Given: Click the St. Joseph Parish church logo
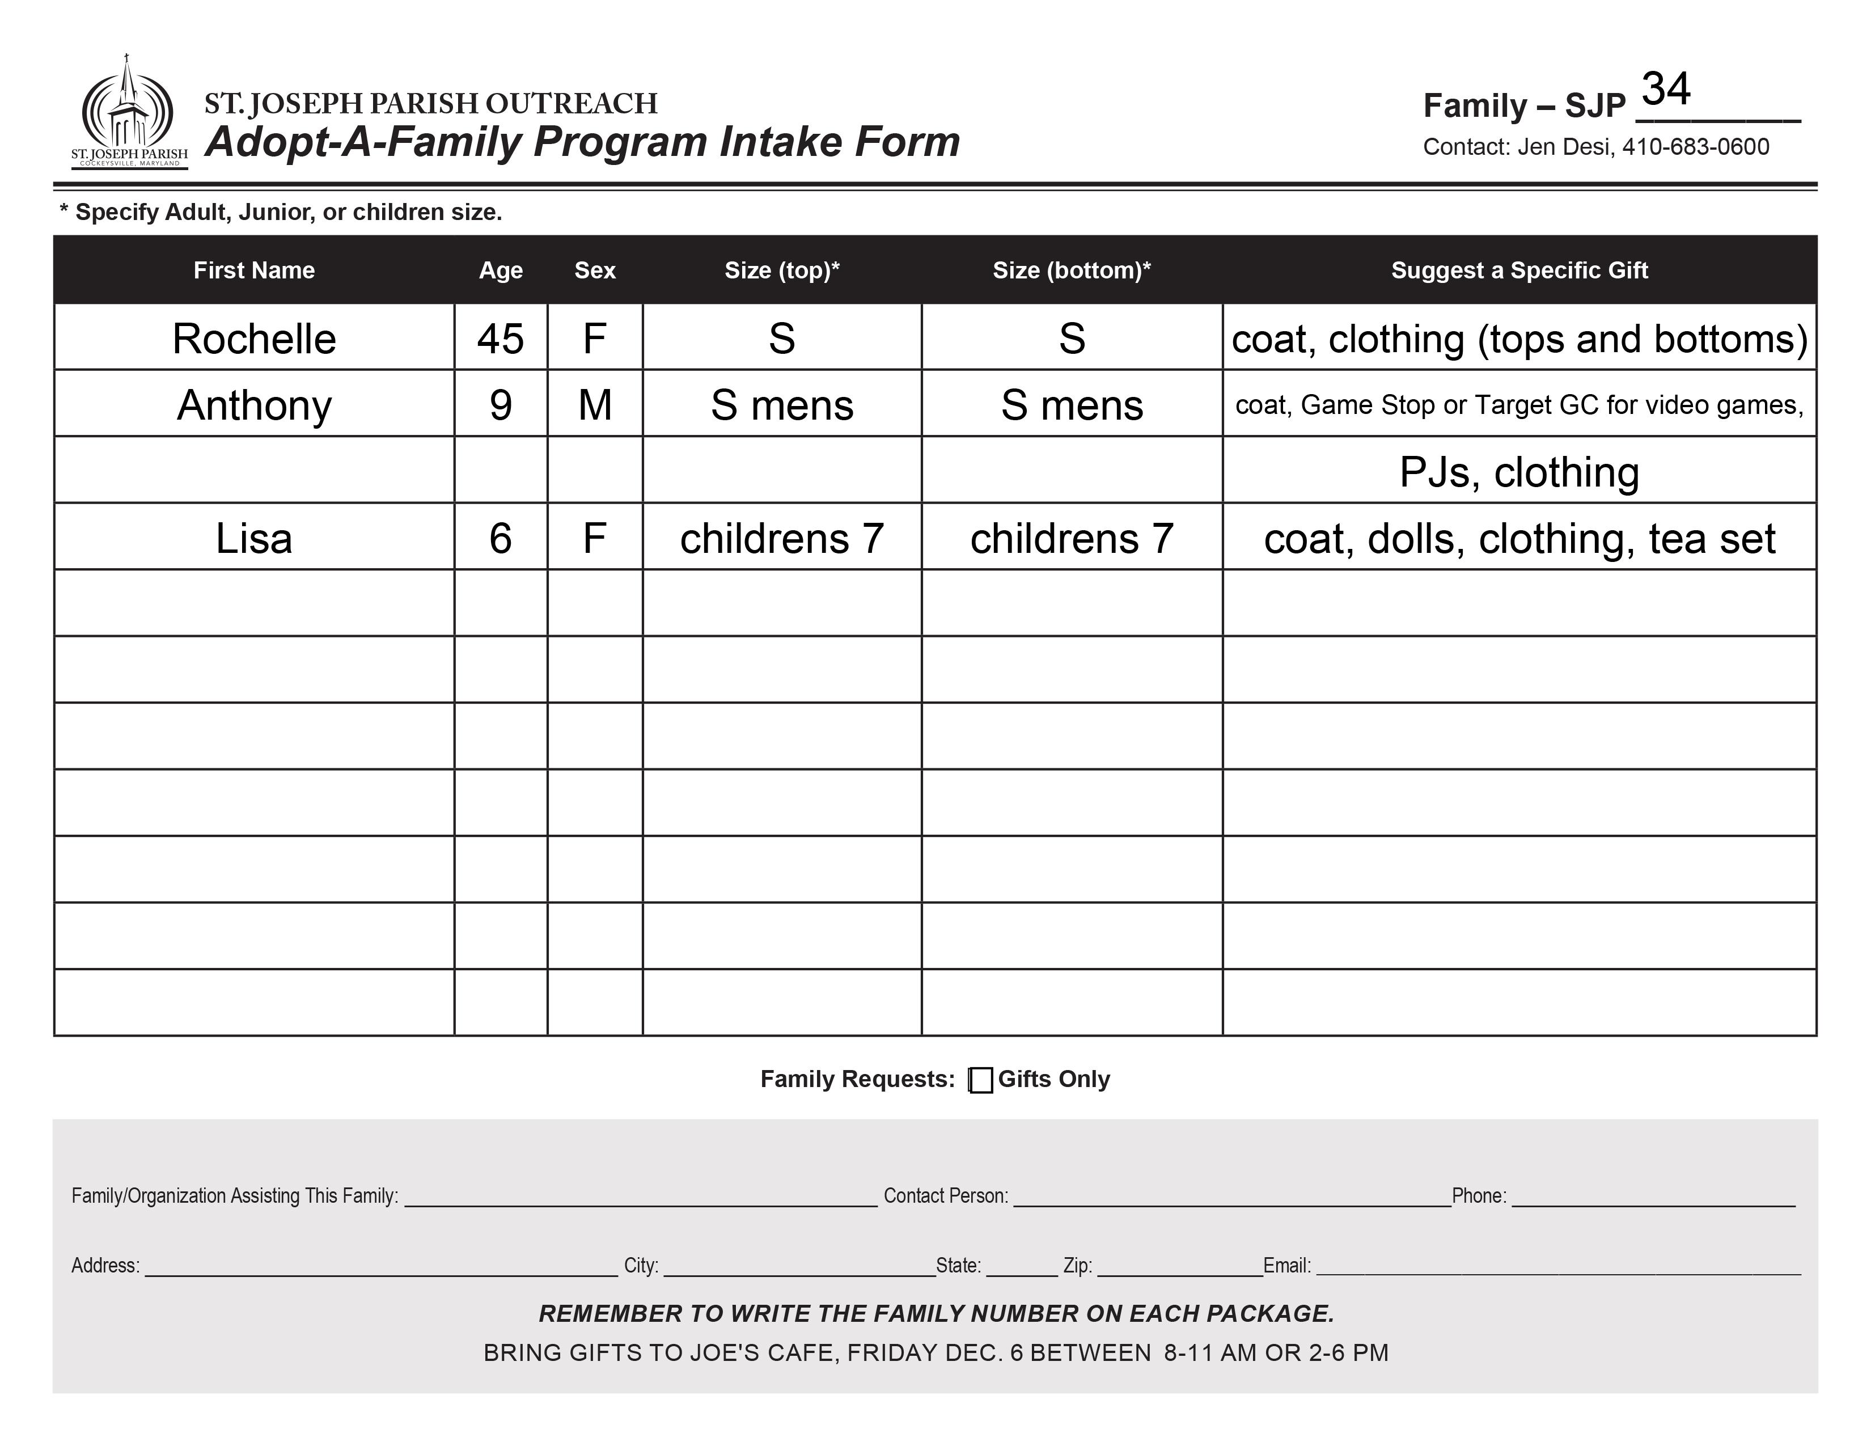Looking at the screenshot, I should [129, 111].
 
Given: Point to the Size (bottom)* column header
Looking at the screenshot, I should [1071, 270].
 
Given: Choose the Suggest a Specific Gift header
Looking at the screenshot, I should [1519, 270].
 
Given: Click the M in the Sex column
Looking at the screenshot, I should [595, 405].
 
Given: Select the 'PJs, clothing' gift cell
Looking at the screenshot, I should [1519, 472].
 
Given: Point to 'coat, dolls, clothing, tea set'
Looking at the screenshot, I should [1519, 539].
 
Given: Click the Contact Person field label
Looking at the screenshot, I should [945, 1196].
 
